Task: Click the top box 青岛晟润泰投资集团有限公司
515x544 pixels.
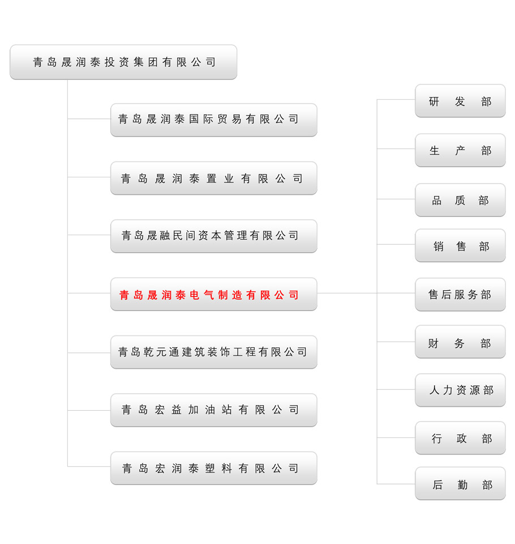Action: pyautogui.click(x=123, y=62)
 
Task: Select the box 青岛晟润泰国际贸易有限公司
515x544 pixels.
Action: pyautogui.click(x=214, y=120)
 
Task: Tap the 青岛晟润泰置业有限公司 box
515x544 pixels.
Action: pyautogui.click(x=214, y=178)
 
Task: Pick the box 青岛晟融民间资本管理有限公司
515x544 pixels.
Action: pyautogui.click(x=214, y=236)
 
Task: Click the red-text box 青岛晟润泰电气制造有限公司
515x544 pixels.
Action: pyautogui.click(x=214, y=294)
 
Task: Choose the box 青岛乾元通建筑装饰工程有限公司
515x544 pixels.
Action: pyautogui.click(x=214, y=352)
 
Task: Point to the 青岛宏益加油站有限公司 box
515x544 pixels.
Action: pyautogui.click(x=214, y=410)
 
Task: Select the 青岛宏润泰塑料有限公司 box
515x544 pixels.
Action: pyautogui.click(x=214, y=468)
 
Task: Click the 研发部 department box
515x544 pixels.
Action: pyautogui.click(x=460, y=101)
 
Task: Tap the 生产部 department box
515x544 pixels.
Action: pyautogui.click(x=460, y=150)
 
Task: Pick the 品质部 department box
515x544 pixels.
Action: pyautogui.click(x=460, y=200)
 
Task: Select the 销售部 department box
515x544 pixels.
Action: pyautogui.click(x=460, y=245)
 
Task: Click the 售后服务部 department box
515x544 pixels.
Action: pyautogui.click(x=460, y=295)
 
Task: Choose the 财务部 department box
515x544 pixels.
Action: pyautogui.click(x=460, y=342)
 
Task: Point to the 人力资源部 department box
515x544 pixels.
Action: pyautogui.click(x=460, y=390)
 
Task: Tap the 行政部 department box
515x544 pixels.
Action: pyautogui.click(x=460, y=438)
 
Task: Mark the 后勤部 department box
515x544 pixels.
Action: pyautogui.click(x=460, y=483)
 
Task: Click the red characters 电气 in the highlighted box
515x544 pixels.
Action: pyautogui.click(x=201, y=295)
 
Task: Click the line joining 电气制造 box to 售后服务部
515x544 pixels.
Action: pyautogui.click(x=366, y=293)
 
